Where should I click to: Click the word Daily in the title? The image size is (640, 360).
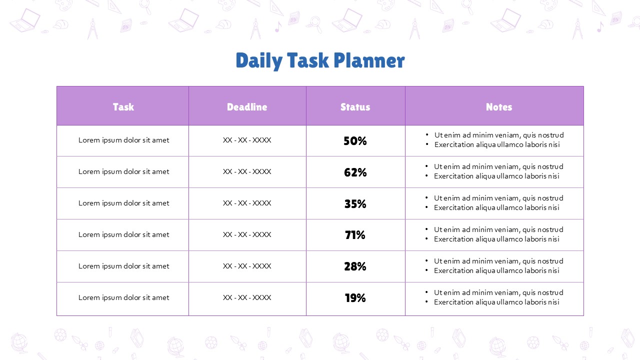point(259,60)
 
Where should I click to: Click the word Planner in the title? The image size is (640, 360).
point(369,60)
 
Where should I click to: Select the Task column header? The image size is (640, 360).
point(123,107)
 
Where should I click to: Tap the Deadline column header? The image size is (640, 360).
point(247,107)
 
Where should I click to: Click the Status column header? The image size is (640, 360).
point(355,107)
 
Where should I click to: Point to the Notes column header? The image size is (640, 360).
point(499,107)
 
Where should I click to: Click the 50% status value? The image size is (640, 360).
point(355,141)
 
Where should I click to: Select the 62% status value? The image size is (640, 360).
point(355,172)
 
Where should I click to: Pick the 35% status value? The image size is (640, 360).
point(355,203)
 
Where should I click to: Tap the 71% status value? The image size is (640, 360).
point(355,235)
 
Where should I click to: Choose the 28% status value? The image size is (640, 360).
point(355,266)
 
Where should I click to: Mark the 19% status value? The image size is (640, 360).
point(355,298)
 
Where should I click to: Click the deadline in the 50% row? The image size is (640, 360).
point(247,140)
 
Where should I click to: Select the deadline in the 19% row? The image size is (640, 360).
point(247,297)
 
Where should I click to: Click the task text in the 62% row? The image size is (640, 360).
point(123,171)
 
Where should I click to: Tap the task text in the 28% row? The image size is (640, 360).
point(123,266)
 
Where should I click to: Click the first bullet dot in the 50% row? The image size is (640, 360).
point(427,134)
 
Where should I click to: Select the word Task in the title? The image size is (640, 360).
point(308,60)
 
